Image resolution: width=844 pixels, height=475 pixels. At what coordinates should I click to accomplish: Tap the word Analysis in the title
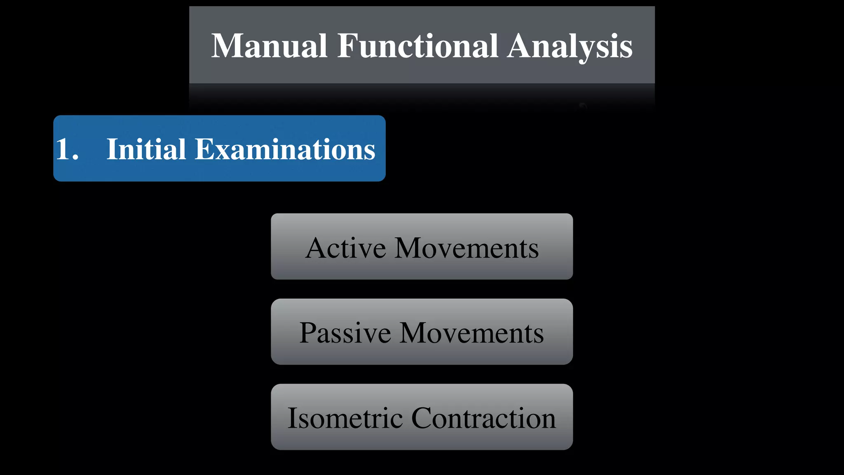(x=570, y=47)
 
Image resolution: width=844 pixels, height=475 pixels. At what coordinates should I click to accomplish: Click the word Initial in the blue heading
(x=146, y=149)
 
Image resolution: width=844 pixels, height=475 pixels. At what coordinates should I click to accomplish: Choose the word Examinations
(x=285, y=149)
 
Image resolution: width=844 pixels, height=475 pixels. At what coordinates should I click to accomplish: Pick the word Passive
(x=345, y=333)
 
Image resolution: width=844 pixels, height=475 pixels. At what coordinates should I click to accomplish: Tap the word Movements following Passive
(x=471, y=333)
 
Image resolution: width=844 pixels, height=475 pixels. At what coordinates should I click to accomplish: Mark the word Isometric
(x=345, y=418)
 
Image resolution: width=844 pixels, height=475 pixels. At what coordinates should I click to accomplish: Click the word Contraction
(x=483, y=418)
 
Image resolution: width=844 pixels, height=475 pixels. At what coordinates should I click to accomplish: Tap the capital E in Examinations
(x=205, y=149)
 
